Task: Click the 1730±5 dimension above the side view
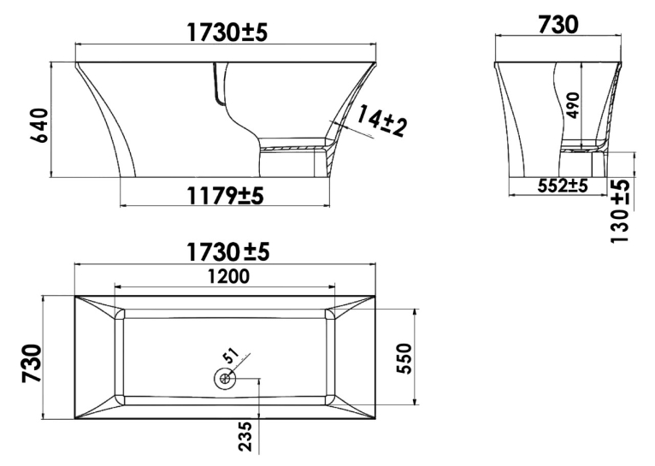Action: [x=227, y=32]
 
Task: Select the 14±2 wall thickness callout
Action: [x=381, y=121]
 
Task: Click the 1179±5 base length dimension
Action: [x=225, y=195]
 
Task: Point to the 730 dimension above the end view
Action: [x=558, y=24]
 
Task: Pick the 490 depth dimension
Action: [x=573, y=105]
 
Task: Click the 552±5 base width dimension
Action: [x=563, y=185]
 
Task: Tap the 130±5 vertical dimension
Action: [x=620, y=211]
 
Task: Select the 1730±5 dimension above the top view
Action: [x=227, y=251]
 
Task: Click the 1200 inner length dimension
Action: [x=228, y=276]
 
